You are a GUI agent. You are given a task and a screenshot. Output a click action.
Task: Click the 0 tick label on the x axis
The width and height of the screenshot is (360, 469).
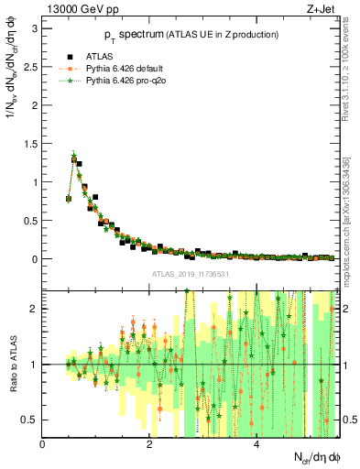43,444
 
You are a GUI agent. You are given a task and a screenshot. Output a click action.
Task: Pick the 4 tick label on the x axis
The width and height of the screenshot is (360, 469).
256,444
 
